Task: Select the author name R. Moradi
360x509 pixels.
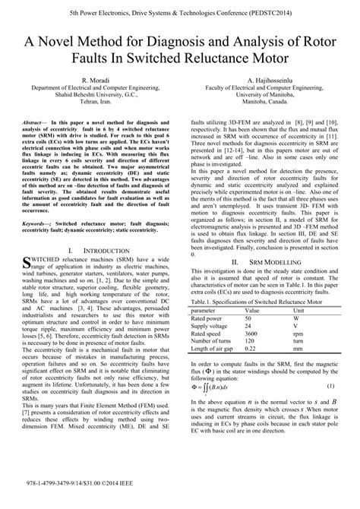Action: pyautogui.click(x=91, y=80)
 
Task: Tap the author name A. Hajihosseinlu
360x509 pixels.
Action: pyautogui.click(x=269, y=80)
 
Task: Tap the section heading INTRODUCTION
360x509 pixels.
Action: pyautogui.click(x=100, y=249)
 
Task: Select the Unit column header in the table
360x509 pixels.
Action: pyautogui.click(x=299, y=311)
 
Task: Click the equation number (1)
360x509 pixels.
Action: pyautogui.click(x=330, y=387)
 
